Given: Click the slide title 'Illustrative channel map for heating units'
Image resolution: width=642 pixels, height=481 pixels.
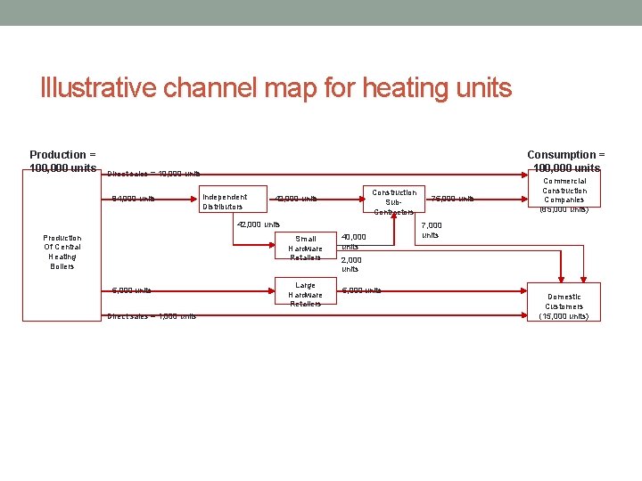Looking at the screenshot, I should (276, 88).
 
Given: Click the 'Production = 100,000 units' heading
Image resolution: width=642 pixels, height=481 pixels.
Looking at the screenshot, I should (62, 161).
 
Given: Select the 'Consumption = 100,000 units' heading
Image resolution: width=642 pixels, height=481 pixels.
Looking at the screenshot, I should (565, 161).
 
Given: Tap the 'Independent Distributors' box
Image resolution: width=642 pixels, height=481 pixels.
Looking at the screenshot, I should (225, 201).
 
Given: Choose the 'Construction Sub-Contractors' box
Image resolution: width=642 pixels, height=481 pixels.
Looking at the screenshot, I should (394, 202).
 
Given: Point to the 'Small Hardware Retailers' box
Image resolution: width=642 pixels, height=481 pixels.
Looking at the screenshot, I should (306, 248).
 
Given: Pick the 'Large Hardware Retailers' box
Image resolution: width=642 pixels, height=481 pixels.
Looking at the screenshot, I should (306, 294).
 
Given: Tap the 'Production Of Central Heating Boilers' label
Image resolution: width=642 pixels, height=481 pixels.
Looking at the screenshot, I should (62, 252).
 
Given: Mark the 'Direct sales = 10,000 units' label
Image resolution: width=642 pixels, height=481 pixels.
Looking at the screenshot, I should (153, 174).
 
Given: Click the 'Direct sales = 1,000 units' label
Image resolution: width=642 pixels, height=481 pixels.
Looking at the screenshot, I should (152, 316).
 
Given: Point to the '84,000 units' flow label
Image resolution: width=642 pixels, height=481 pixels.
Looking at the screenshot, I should (133, 199).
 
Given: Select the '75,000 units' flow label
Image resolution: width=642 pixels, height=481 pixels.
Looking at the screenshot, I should (452, 199).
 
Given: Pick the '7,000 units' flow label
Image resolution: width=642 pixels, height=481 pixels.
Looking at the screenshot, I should (431, 230).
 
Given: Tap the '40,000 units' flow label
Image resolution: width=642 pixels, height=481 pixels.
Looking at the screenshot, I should (353, 241).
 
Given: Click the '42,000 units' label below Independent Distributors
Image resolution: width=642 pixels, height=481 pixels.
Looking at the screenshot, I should (259, 224).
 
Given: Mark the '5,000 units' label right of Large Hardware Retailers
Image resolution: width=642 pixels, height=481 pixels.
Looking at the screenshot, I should (361, 290).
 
